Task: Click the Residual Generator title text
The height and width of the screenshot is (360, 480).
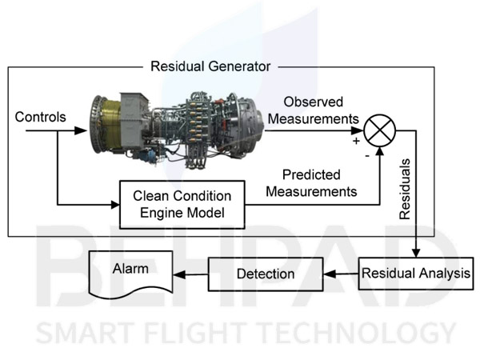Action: point(210,66)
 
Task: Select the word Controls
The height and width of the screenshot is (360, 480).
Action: point(39,118)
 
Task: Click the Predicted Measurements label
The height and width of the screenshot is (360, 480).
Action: point(311,183)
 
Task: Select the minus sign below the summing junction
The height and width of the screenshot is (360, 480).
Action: point(366,155)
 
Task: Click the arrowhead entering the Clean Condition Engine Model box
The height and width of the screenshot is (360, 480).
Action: point(114,204)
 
